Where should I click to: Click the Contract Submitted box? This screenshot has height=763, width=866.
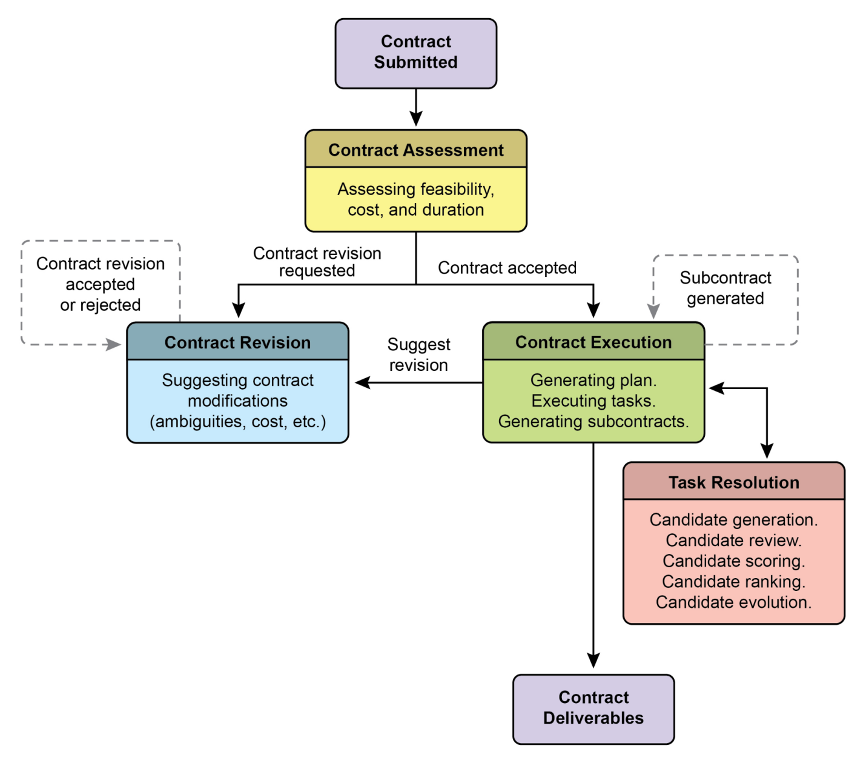(x=415, y=53)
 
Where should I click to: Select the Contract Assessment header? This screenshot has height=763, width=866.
(x=415, y=150)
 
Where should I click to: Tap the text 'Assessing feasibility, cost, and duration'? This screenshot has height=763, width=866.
(x=415, y=199)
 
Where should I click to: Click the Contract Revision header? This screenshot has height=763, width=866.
(x=237, y=342)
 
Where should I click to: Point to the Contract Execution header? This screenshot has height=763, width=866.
(x=593, y=342)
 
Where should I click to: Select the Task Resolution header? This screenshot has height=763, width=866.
(x=733, y=482)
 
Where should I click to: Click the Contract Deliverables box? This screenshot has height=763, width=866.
(x=593, y=708)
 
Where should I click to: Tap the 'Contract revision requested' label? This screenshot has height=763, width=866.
(x=317, y=262)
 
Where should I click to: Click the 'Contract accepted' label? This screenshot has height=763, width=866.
(x=507, y=268)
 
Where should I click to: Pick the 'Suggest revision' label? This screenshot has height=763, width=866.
(x=418, y=355)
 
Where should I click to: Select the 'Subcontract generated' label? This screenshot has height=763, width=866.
(x=725, y=288)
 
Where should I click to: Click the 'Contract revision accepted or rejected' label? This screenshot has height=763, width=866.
(x=101, y=284)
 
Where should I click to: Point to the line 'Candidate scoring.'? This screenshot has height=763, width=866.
(x=733, y=561)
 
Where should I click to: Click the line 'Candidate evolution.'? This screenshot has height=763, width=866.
(x=733, y=602)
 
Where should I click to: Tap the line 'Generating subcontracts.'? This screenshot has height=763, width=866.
(x=593, y=422)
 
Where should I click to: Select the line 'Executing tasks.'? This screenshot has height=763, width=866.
(x=593, y=401)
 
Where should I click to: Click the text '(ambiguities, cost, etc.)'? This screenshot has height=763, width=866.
(x=237, y=422)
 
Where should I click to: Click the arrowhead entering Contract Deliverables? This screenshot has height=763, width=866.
(x=593, y=661)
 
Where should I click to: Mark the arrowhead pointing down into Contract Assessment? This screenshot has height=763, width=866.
(x=416, y=119)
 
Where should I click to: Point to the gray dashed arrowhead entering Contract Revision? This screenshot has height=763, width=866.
(x=113, y=345)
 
